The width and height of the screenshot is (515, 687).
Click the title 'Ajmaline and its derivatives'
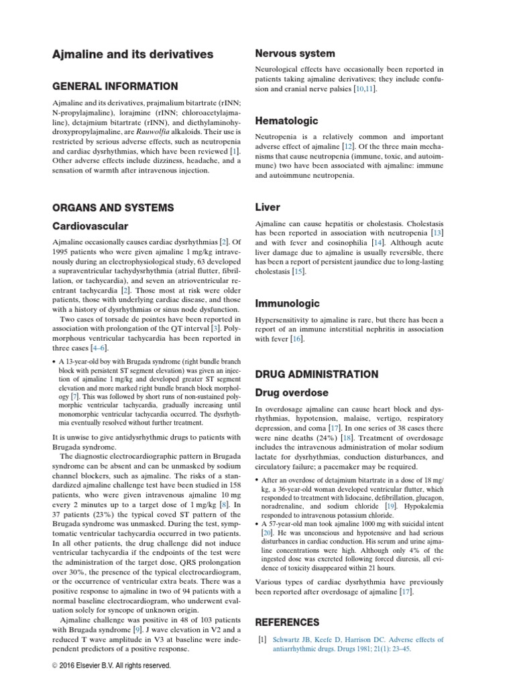(133, 54)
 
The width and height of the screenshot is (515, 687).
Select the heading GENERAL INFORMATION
(115, 87)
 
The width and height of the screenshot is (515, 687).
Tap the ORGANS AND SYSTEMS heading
(115, 207)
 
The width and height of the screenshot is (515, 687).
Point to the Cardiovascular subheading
(90, 226)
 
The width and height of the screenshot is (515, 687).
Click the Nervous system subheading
(295, 53)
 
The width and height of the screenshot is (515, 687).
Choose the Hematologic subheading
(286, 121)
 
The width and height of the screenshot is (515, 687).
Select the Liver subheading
(268, 207)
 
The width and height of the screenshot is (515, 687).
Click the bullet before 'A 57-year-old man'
(258, 522)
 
